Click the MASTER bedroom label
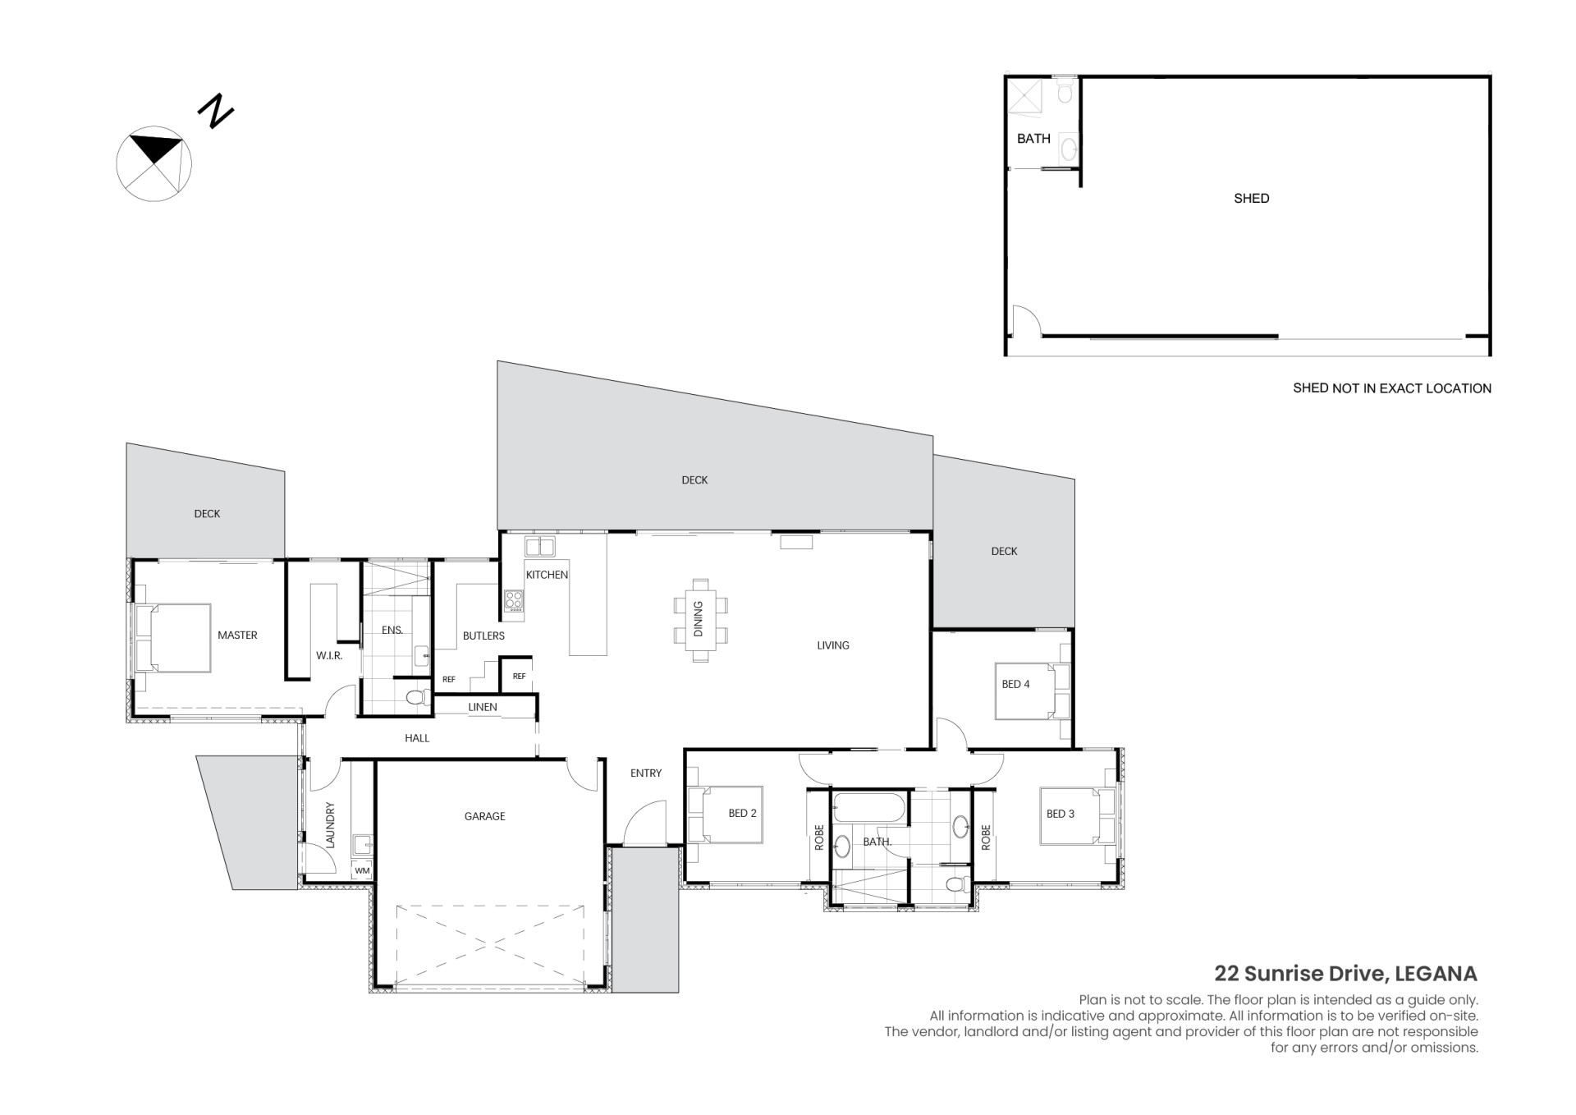coord(237,635)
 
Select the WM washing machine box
coord(362,870)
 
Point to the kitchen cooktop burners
coord(514,600)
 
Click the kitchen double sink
coord(540,546)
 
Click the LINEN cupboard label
coord(483,707)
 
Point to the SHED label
coord(1251,198)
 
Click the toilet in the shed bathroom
coord(1064,90)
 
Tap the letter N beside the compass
coord(217,111)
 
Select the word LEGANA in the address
coord(1436,974)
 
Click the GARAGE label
coord(484,816)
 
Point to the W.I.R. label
coord(329,656)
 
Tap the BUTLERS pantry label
coord(483,636)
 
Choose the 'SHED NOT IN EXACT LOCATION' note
coord(1392,388)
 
